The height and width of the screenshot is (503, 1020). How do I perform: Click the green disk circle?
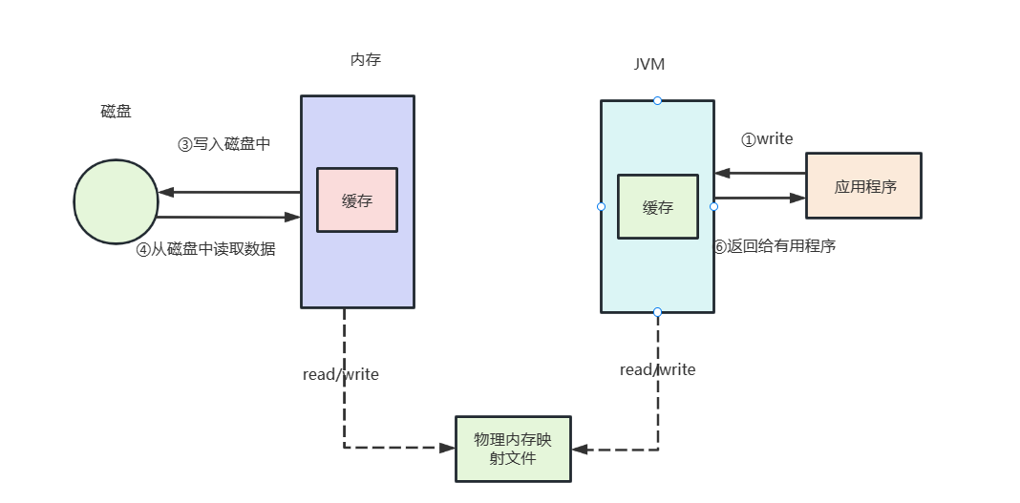(116, 201)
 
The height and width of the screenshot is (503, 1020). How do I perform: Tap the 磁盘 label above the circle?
(116, 112)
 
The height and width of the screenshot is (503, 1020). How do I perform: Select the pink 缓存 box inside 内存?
(357, 201)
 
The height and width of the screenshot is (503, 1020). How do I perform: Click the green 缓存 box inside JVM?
(657, 207)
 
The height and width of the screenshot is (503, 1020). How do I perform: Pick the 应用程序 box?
(864, 186)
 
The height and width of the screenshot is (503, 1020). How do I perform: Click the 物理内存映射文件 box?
(513, 449)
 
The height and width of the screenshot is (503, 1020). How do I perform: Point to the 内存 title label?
(366, 60)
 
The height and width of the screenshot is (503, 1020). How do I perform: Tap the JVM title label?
(649, 65)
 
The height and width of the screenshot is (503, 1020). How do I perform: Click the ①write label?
(767, 139)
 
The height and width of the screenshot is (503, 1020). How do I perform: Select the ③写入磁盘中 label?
(224, 144)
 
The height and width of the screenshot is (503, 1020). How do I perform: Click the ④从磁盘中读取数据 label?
(205, 249)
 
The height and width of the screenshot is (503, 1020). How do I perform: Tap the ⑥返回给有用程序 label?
(775, 246)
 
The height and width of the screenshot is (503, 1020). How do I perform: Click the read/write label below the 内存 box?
(341, 374)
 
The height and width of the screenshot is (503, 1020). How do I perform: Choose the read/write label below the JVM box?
(657, 369)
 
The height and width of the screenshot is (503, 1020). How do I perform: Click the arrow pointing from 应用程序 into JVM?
(760, 174)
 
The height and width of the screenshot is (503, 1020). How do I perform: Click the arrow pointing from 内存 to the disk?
(229, 192)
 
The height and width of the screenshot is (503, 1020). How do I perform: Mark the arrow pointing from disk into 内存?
(229, 218)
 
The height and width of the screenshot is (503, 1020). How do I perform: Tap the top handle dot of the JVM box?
(657, 100)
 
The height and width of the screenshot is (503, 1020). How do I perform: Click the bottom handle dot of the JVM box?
(657, 312)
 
